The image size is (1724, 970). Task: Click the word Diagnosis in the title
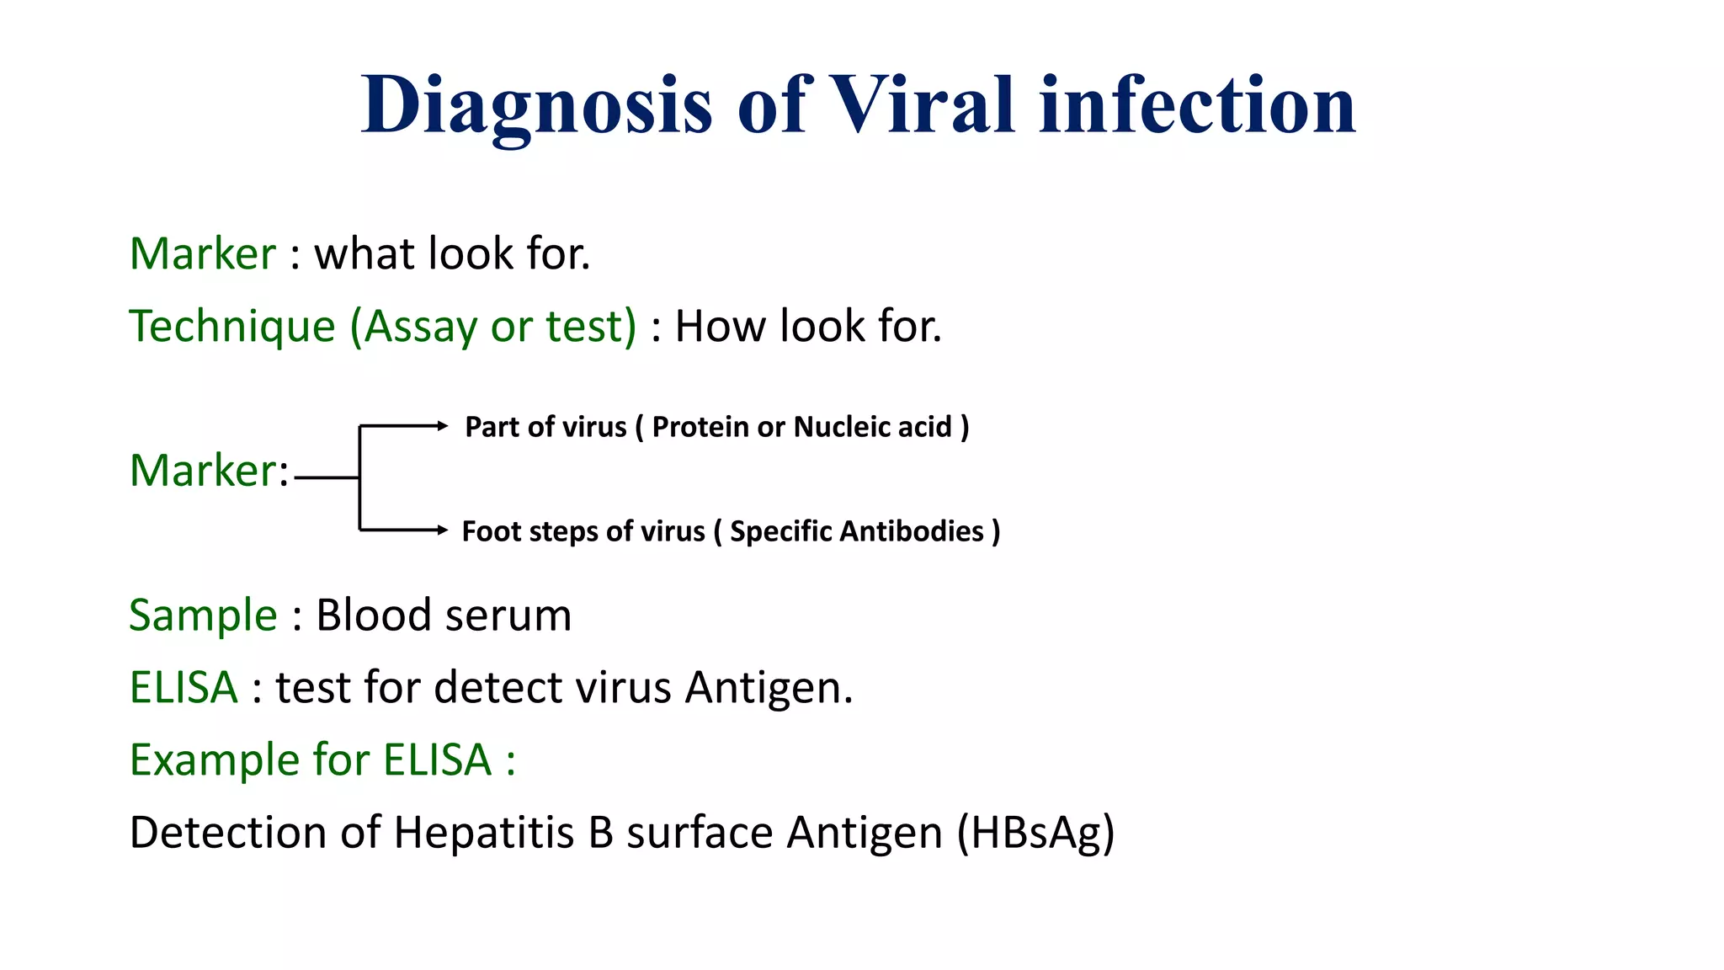[537, 106]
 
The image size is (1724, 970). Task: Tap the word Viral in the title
[922, 106]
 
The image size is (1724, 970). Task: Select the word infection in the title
[1197, 106]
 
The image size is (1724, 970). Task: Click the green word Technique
[232, 327]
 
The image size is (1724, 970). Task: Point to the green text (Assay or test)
[493, 327]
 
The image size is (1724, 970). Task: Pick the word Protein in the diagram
[700, 427]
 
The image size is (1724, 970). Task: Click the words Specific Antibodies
[856, 531]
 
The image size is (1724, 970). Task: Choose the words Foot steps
[530, 531]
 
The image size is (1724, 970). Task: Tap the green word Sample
[203, 615]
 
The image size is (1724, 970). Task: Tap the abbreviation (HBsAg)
[1035, 833]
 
